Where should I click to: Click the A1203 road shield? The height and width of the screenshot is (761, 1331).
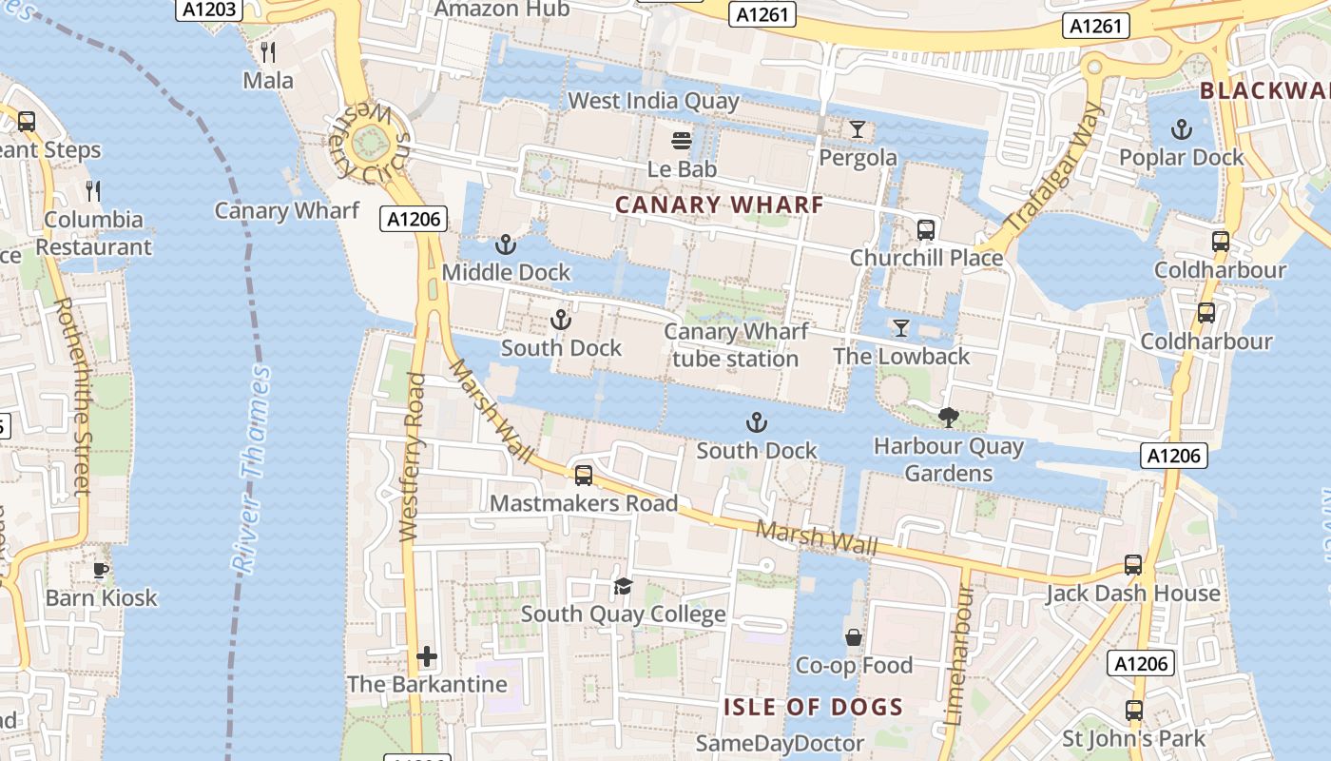[208, 10]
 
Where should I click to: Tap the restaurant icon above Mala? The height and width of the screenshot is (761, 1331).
[268, 51]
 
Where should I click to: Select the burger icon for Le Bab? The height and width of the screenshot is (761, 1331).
[682, 142]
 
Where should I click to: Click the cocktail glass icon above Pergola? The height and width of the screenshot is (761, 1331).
[858, 129]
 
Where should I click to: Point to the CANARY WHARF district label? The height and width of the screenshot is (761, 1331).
[719, 205]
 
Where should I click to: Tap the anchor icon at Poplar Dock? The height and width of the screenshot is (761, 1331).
[1181, 129]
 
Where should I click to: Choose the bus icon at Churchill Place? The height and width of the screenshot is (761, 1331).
[925, 230]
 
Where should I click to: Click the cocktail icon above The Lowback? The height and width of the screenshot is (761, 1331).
[901, 328]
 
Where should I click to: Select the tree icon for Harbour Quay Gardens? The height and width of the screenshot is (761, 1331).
[948, 418]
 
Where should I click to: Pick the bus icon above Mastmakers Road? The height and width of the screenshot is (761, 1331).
[584, 476]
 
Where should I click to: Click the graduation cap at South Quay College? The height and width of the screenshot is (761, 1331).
[623, 586]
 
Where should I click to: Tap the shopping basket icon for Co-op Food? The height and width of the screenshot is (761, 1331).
[853, 637]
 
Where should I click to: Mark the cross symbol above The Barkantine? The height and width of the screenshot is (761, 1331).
[427, 656]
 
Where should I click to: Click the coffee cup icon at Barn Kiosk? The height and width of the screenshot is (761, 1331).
[101, 571]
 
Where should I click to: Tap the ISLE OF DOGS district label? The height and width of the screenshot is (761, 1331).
[813, 707]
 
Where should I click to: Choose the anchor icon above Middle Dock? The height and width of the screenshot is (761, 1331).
[506, 245]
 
